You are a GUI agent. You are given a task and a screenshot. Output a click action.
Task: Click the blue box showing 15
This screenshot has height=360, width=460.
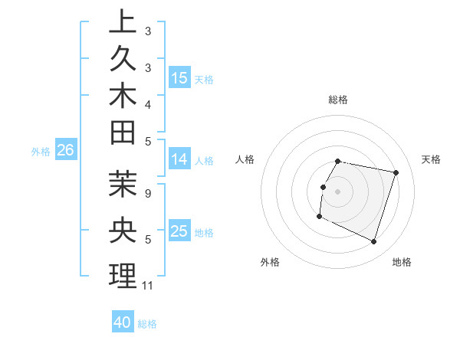tap(179, 78)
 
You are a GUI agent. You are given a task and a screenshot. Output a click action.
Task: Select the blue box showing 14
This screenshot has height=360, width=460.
tap(179, 160)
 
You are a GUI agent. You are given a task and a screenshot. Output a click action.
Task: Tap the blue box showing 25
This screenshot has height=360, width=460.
tap(179, 232)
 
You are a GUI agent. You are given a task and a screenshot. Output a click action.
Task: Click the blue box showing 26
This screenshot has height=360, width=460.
tap(65, 151)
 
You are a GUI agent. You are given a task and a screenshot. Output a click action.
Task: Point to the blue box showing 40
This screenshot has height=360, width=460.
tap(123, 323)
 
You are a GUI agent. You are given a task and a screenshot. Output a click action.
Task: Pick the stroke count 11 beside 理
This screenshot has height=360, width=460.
tap(148, 286)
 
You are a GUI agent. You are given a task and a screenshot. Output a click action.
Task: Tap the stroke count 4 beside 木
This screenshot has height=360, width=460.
tap(148, 103)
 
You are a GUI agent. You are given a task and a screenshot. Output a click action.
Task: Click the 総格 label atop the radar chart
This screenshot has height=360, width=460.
tap(338, 100)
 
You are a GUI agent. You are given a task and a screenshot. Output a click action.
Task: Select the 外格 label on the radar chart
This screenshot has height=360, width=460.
tap(270, 262)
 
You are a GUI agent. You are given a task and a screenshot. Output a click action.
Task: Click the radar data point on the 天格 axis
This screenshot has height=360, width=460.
tap(396, 173)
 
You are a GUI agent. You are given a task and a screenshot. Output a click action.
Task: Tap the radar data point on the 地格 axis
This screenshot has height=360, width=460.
tap(374, 242)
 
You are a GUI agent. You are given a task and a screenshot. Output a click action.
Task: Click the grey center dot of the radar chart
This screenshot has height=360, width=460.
tap(337, 191)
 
